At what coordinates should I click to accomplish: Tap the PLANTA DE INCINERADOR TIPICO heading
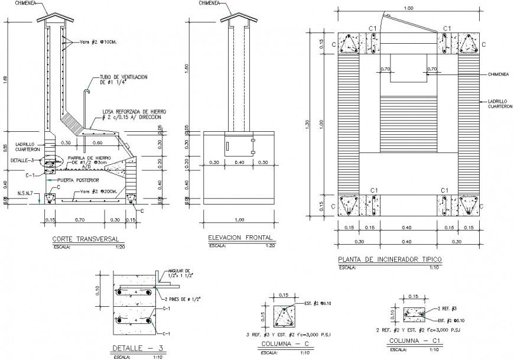(x=389, y=260)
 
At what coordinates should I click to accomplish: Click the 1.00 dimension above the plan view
(x=408, y=8)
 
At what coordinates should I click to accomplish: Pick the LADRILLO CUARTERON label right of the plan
(x=499, y=103)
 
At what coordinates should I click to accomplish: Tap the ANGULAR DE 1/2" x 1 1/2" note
(x=184, y=274)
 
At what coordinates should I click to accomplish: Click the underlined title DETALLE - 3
(x=132, y=348)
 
